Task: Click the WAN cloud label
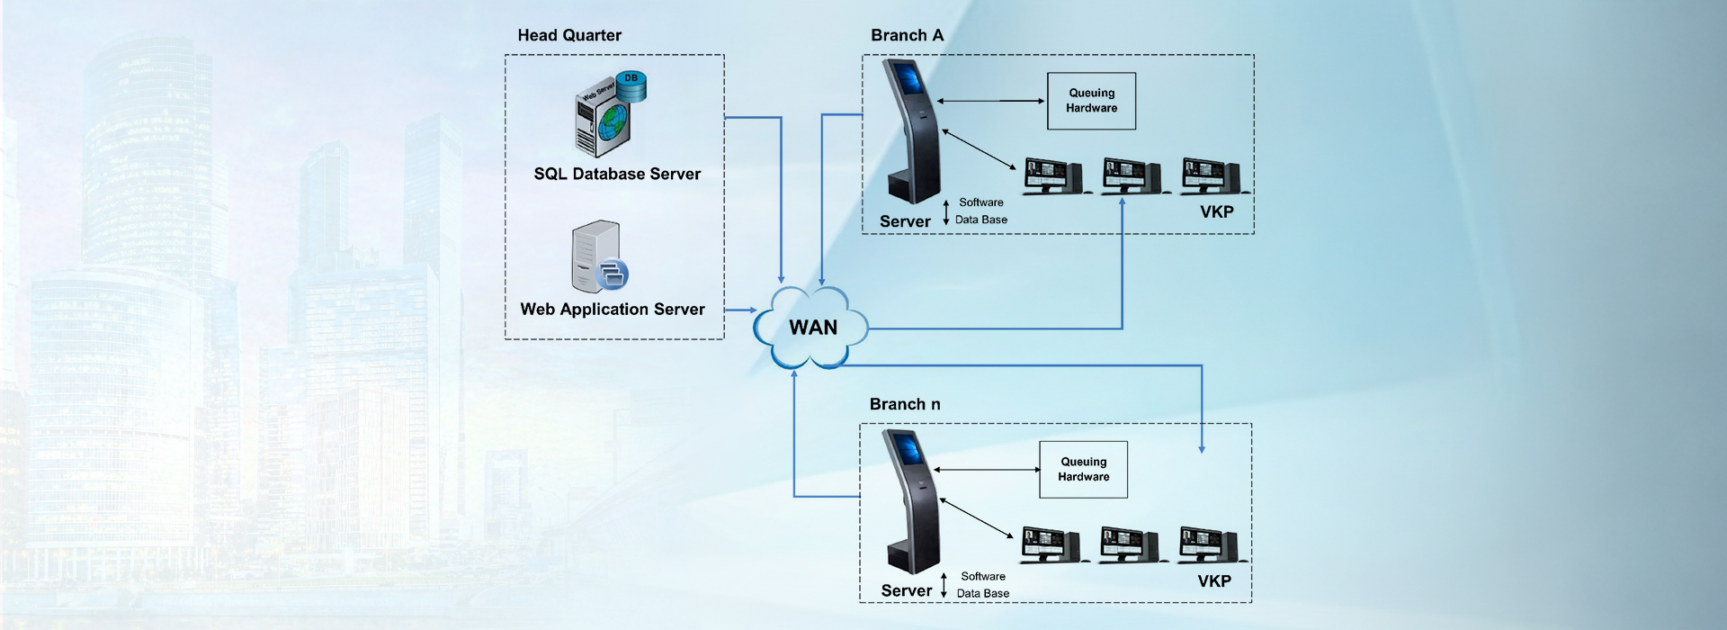click(x=813, y=328)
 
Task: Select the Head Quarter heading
click(x=569, y=35)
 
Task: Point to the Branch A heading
click(x=907, y=35)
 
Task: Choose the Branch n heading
click(x=904, y=404)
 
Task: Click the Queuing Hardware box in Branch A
click(x=1091, y=101)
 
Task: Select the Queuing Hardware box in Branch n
click(x=1083, y=470)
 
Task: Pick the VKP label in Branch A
click(x=1216, y=211)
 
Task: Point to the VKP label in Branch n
click(x=1213, y=580)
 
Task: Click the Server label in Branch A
click(x=905, y=221)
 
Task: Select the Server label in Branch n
click(x=906, y=590)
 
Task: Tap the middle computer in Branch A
click(x=1132, y=175)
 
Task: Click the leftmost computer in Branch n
click(x=1050, y=544)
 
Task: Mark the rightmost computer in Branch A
click(x=1211, y=175)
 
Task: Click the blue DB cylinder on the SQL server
click(x=631, y=85)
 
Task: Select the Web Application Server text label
click(x=613, y=309)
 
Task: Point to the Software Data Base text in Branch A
click(x=980, y=211)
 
